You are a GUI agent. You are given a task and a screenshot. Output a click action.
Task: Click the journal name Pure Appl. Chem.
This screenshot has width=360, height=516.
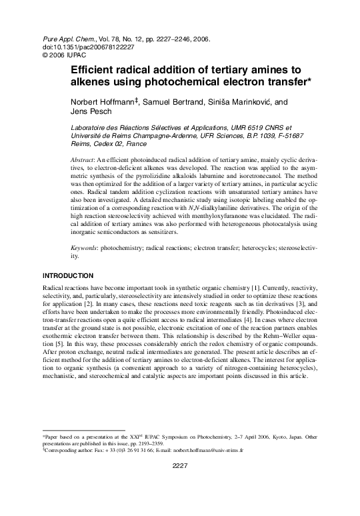click(65, 39)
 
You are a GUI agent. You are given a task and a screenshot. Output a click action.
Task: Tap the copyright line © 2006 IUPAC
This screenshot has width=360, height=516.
click(64, 56)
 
